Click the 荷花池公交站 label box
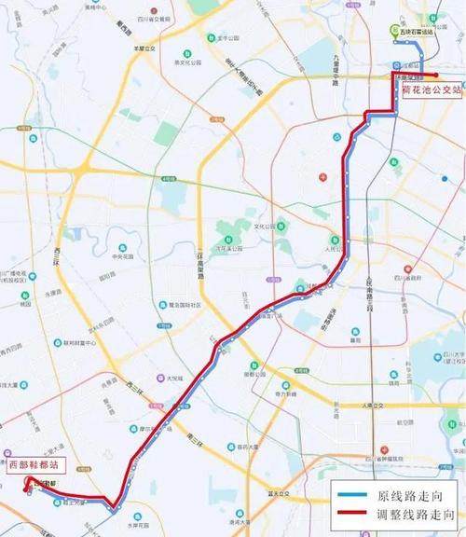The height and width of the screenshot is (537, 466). click(430, 90)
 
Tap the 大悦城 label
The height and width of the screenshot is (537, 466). click(173, 378)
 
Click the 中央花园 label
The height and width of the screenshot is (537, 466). click(119, 257)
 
